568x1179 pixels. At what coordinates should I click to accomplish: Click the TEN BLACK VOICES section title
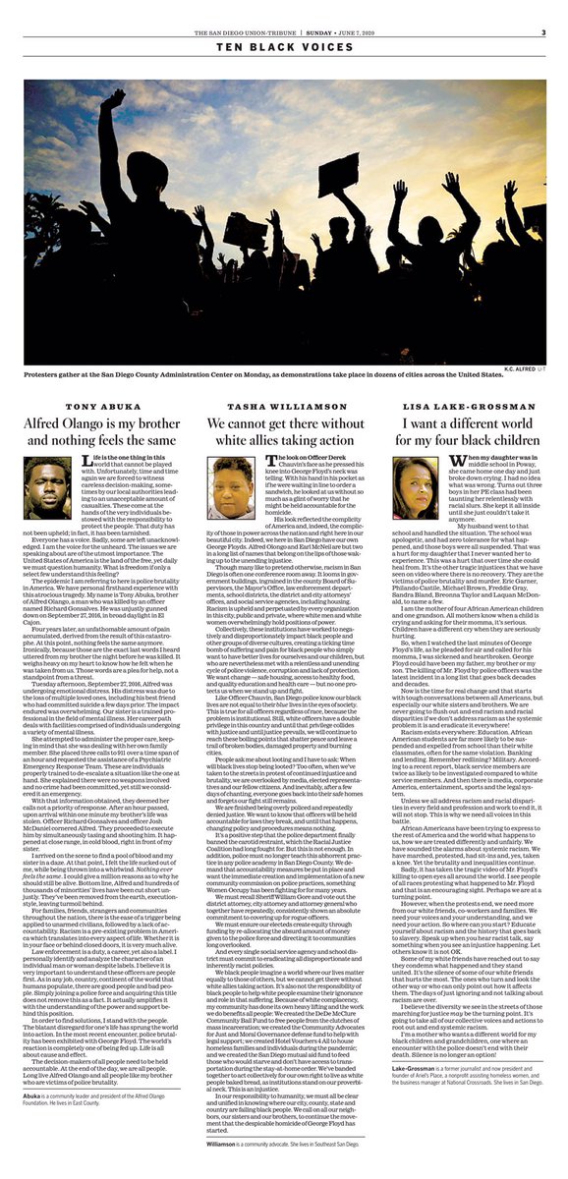(x=284, y=47)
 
